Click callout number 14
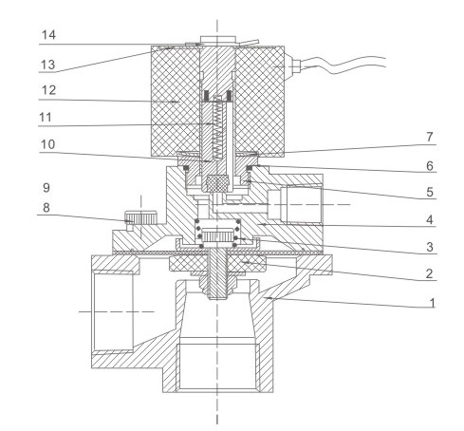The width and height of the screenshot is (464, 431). (49, 34)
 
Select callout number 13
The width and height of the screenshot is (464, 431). (48, 65)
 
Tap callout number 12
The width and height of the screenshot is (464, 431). (48, 90)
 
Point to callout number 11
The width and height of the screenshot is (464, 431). (46, 118)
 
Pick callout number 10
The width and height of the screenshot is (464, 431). (48, 144)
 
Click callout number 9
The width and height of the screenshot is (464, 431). (46, 188)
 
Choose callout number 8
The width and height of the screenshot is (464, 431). (46, 208)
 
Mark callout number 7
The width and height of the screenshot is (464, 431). (429, 137)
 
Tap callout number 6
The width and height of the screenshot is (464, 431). (430, 166)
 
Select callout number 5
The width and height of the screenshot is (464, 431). (430, 192)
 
